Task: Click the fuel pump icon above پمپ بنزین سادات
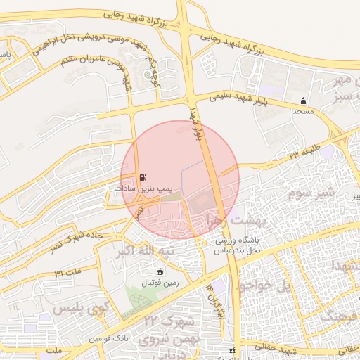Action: [144, 178]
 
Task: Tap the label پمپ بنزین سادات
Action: [144, 189]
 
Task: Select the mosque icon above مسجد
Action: [303, 101]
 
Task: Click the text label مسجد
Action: [303, 112]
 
